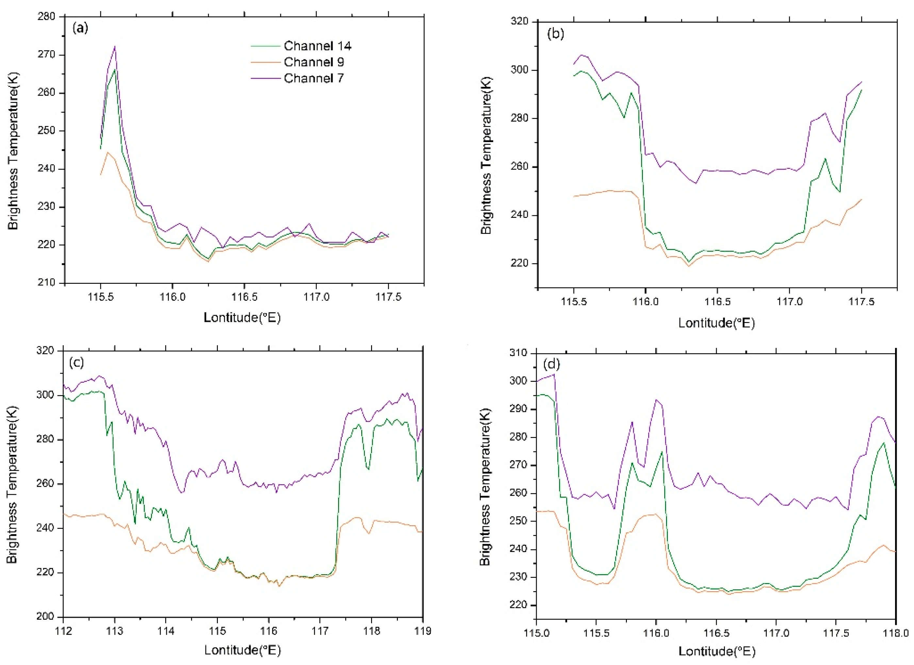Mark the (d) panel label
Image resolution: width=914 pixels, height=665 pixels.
[x=551, y=365]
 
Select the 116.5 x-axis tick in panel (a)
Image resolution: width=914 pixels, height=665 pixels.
[x=244, y=297]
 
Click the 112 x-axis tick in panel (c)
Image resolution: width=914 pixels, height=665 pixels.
[x=63, y=631]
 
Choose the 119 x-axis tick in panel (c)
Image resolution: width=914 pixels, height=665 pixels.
[x=423, y=631]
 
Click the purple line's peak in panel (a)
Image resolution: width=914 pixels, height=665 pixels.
[x=115, y=46]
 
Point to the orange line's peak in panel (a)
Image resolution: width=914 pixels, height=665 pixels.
[x=107, y=152]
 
